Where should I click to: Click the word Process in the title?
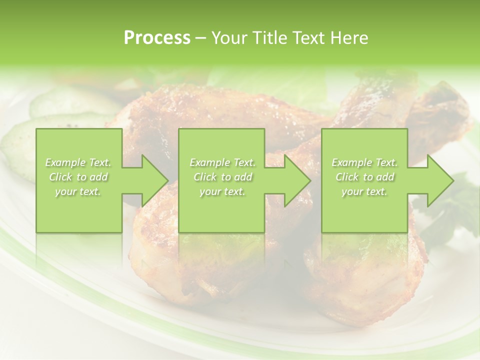tap(157, 38)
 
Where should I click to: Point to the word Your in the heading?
tap(228, 38)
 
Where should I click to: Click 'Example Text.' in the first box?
tap(78, 162)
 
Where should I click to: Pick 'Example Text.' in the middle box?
tap(222, 162)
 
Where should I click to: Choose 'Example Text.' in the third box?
tap(364, 162)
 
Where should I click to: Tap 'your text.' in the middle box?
tap(222, 191)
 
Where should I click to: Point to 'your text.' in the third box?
tap(364, 191)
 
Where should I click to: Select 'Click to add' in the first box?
tap(78, 177)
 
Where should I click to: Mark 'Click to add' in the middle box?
tap(222, 177)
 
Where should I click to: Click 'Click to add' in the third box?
tap(364, 177)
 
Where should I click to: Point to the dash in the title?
tap(201, 38)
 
